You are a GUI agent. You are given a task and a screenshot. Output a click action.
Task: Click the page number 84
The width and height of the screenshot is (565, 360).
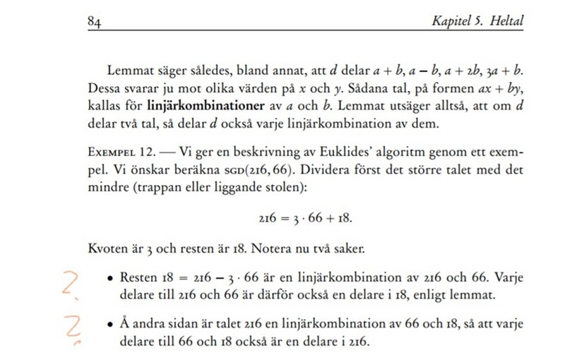pyautogui.click(x=95, y=21)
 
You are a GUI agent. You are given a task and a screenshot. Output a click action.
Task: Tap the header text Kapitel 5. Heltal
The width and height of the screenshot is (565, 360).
pyautogui.click(x=477, y=21)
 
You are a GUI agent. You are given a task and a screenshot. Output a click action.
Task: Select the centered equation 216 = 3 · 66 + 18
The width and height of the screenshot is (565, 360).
pyautogui.click(x=305, y=220)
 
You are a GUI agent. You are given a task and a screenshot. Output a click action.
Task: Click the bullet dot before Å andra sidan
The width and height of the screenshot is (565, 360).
pyautogui.click(x=112, y=323)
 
